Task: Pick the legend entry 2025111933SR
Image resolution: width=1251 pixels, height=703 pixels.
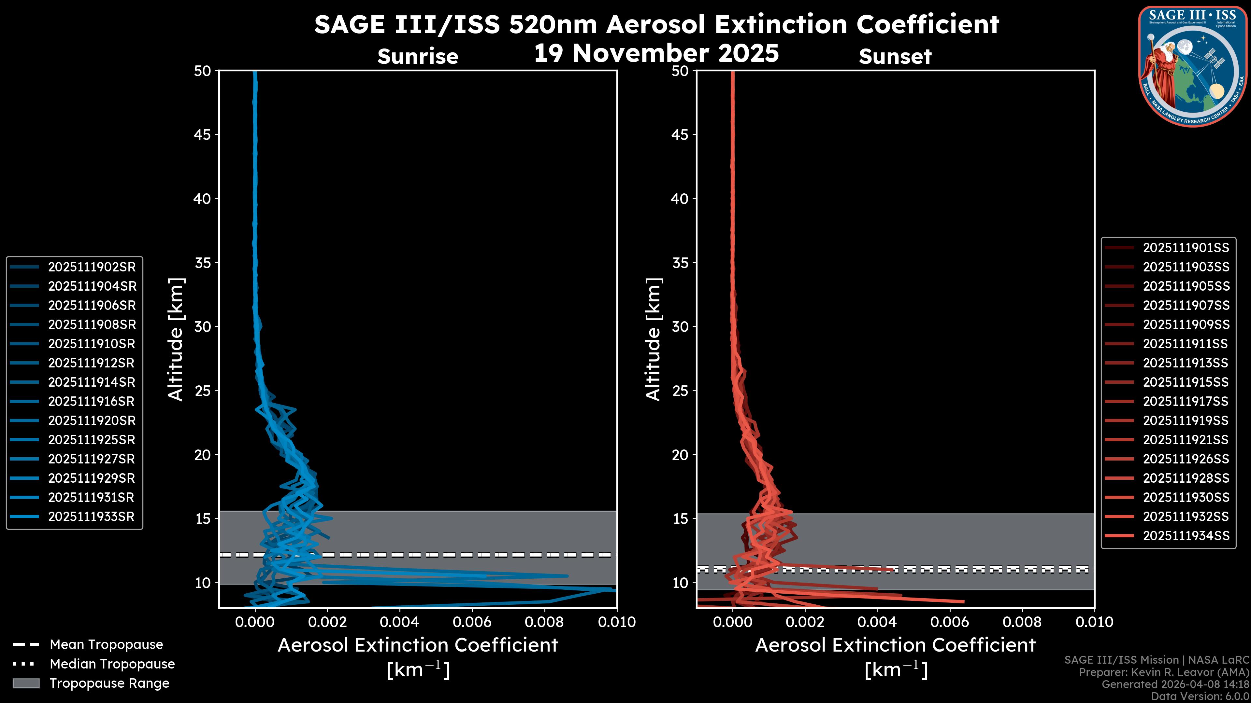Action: tap(91, 516)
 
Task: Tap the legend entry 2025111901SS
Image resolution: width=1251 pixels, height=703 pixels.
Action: tap(1186, 248)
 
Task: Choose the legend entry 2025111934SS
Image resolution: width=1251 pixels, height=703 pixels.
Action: tap(1186, 536)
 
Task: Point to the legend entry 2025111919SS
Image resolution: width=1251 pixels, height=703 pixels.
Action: tap(1186, 420)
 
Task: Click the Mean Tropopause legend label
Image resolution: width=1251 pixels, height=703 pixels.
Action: tap(106, 644)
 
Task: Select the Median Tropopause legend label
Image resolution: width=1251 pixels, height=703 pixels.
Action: tap(112, 664)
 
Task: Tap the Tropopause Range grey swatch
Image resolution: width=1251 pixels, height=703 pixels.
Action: tap(26, 683)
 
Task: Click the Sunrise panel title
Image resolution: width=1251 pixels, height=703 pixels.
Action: tap(418, 57)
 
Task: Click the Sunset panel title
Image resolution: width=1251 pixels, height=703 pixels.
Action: tap(895, 57)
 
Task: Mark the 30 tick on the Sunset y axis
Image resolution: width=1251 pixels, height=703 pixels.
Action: tap(680, 326)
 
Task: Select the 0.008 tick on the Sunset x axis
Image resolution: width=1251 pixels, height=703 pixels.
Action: tap(1022, 622)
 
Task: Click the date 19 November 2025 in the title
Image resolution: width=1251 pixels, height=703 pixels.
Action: tap(656, 53)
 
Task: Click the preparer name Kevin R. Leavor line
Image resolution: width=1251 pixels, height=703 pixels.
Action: tap(1164, 672)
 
